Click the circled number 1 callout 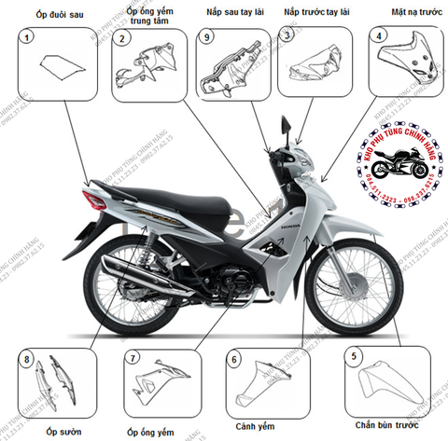29,38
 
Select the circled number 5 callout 353,355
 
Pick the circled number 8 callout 28,360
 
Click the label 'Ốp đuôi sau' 46,14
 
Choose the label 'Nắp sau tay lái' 227,14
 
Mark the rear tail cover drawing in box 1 55,67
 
